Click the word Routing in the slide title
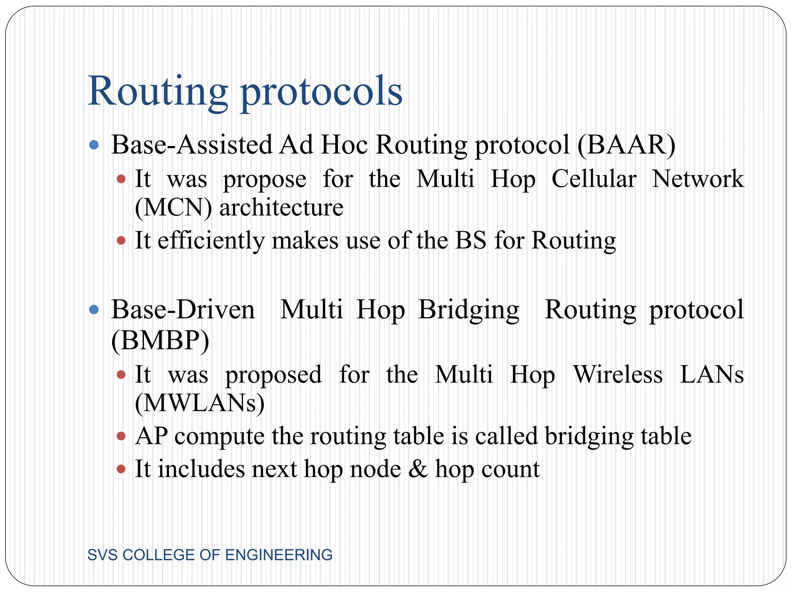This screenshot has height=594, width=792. coord(158,91)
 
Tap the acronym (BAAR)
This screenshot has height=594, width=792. coord(626,145)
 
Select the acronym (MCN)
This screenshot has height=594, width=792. coord(174,208)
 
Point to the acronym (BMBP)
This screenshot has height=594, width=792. coord(160,340)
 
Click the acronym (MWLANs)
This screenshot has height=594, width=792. coord(200,403)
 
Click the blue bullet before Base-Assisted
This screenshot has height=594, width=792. coord(94,145)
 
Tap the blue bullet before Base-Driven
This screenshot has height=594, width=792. coord(94,310)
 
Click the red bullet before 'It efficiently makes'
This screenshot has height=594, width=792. coord(121,241)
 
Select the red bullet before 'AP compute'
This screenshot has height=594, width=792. coord(121,436)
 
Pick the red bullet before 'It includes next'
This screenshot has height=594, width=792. coord(121,469)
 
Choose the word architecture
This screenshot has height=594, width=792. coord(281,208)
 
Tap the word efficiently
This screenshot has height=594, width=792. coord(211,241)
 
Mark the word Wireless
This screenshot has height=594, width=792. coord(618,374)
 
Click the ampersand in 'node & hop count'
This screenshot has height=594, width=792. coord(418,469)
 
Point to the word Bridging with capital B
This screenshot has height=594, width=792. coord(469,310)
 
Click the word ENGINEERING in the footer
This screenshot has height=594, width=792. coord(278,555)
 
